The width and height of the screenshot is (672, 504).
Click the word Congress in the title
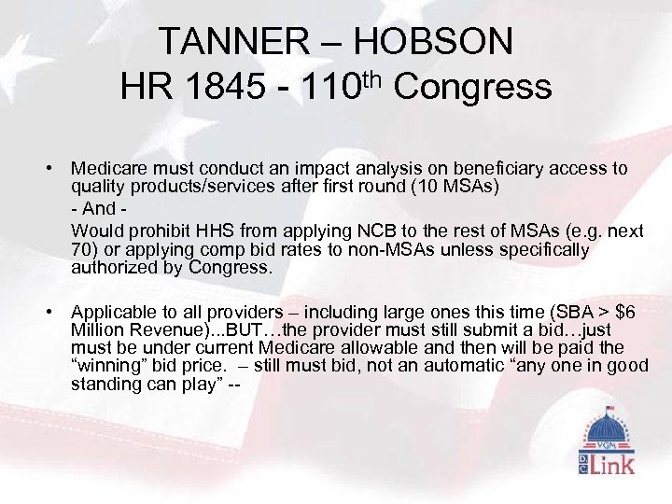click(472, 88)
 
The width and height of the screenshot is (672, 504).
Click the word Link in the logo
click(617, 462)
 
